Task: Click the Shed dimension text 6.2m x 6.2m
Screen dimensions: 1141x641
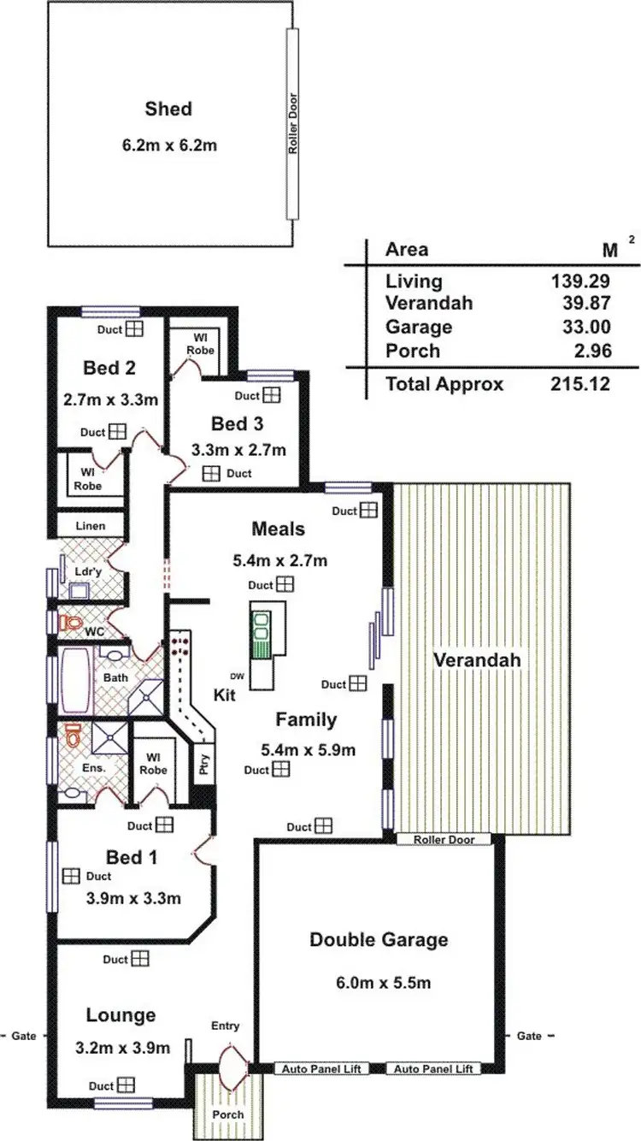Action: pos(168,145)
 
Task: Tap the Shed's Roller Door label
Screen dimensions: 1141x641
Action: pos(292,124)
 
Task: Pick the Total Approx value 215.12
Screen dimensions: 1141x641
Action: pos(581,384)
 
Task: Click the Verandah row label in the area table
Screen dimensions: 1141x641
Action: pos(429,303)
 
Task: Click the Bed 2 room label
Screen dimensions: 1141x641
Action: pos(110,368)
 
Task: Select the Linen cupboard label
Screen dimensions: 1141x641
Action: pos(91,526)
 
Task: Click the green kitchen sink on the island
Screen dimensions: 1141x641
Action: pos(262,632)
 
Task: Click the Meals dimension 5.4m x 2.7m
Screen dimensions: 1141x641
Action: pos(280,561)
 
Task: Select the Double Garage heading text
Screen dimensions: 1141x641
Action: pos(378,940)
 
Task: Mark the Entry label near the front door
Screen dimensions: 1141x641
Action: pos(225,1026)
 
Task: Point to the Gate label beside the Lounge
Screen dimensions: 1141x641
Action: pos(24,1036)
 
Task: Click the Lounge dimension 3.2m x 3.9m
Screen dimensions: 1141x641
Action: pos(128,1048)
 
